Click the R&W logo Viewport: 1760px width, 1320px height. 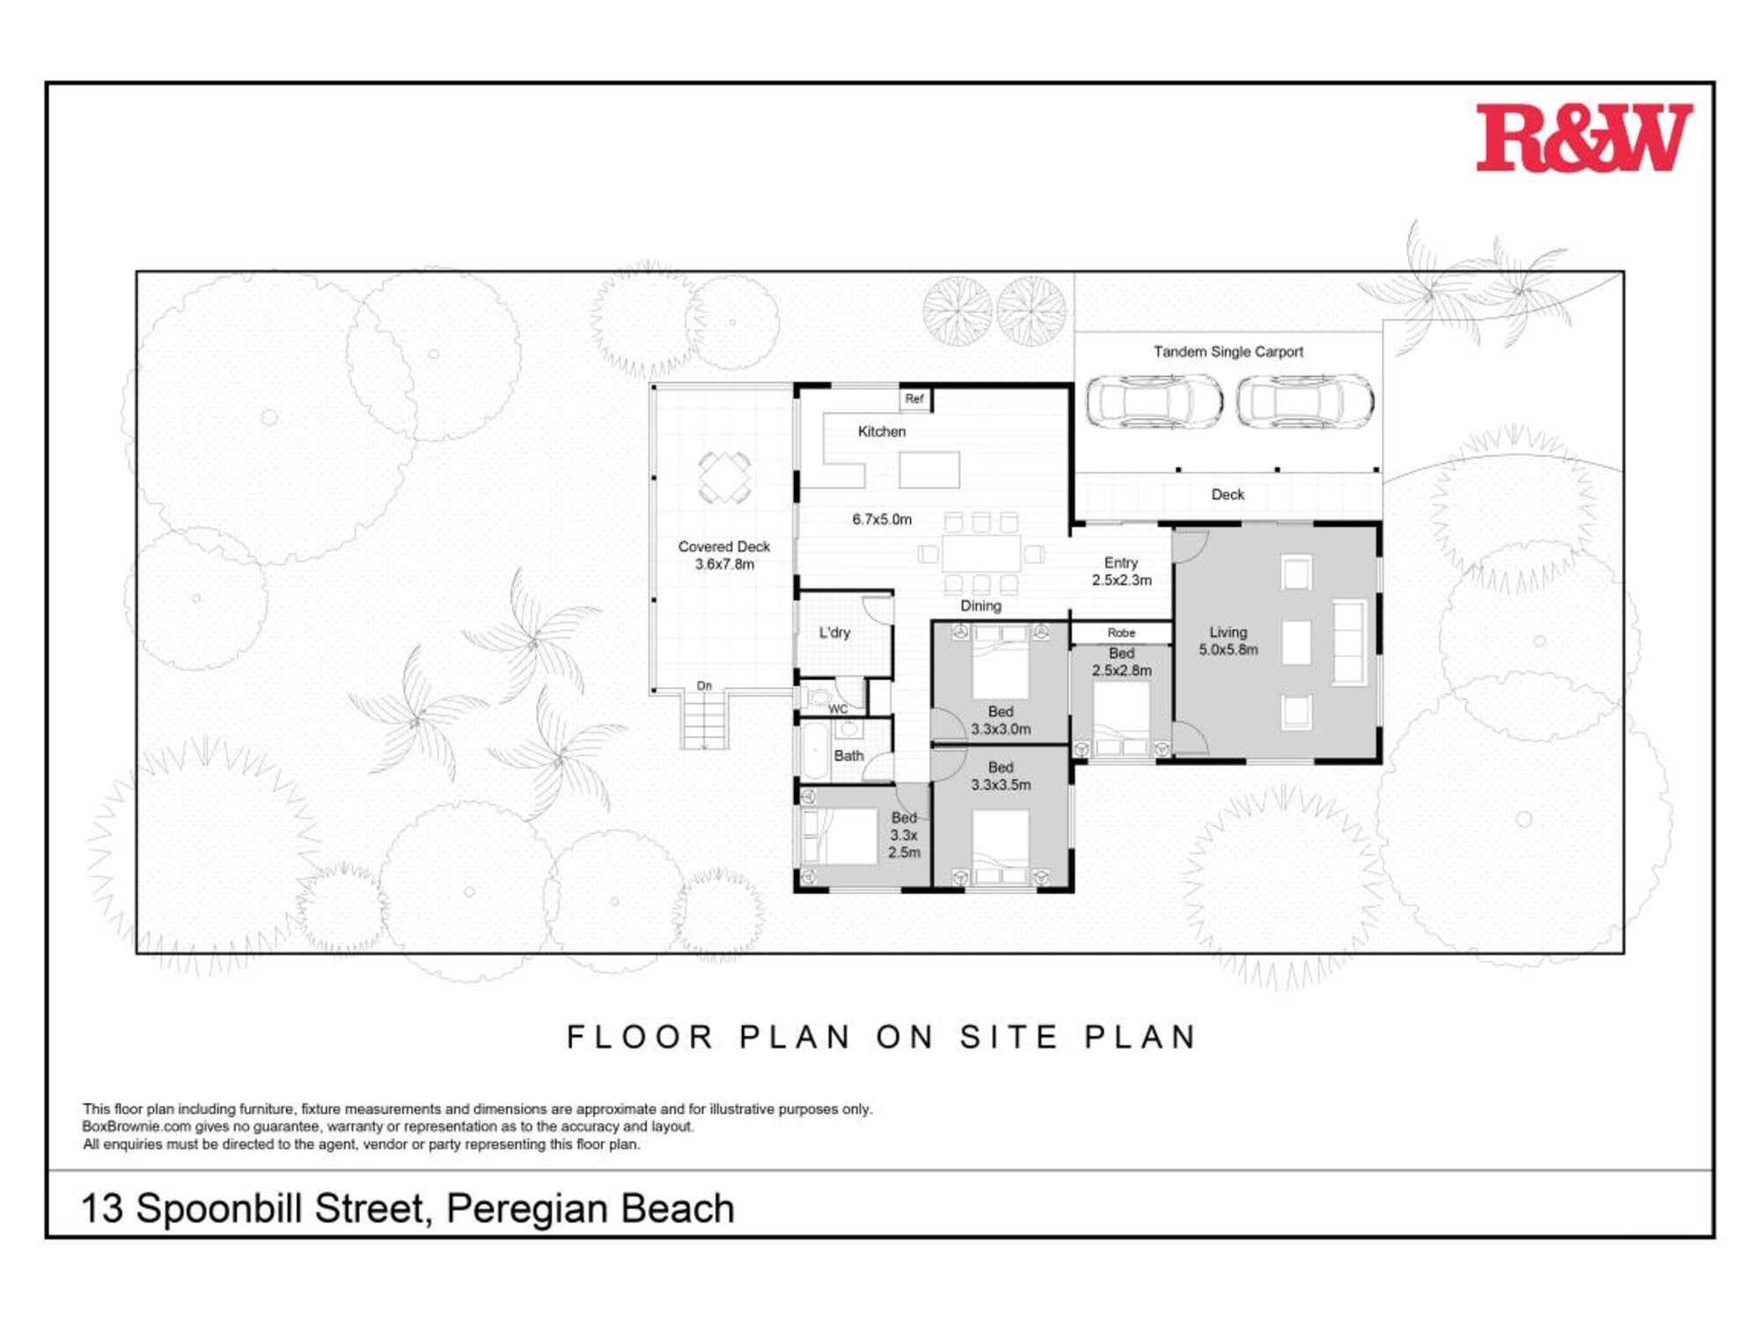coord(1583,138)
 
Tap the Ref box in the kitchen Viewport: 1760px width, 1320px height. coord(915,400)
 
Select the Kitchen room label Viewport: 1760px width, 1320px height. coord(881,431)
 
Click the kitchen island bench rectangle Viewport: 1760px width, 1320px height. coord(929,470)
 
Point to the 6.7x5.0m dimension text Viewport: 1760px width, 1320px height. coord(882,519)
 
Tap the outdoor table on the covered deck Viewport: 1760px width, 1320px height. coord(724,477)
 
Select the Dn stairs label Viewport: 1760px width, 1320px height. coord(704,686)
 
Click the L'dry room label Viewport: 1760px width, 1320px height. coord(834,633)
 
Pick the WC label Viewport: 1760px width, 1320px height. coord(838,709)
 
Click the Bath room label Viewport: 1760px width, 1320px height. coord(848,756)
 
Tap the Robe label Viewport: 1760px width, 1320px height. coord(1121,633)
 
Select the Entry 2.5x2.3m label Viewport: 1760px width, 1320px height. coord(1121,571)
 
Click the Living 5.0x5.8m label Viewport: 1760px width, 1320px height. coord(1228,641)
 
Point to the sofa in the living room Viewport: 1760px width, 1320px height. coord(1350,642)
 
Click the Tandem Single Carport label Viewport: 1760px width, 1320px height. coord(1228,352)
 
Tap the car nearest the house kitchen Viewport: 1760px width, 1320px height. coord(1154,402)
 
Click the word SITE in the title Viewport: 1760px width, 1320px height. coord(1009,1037)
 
